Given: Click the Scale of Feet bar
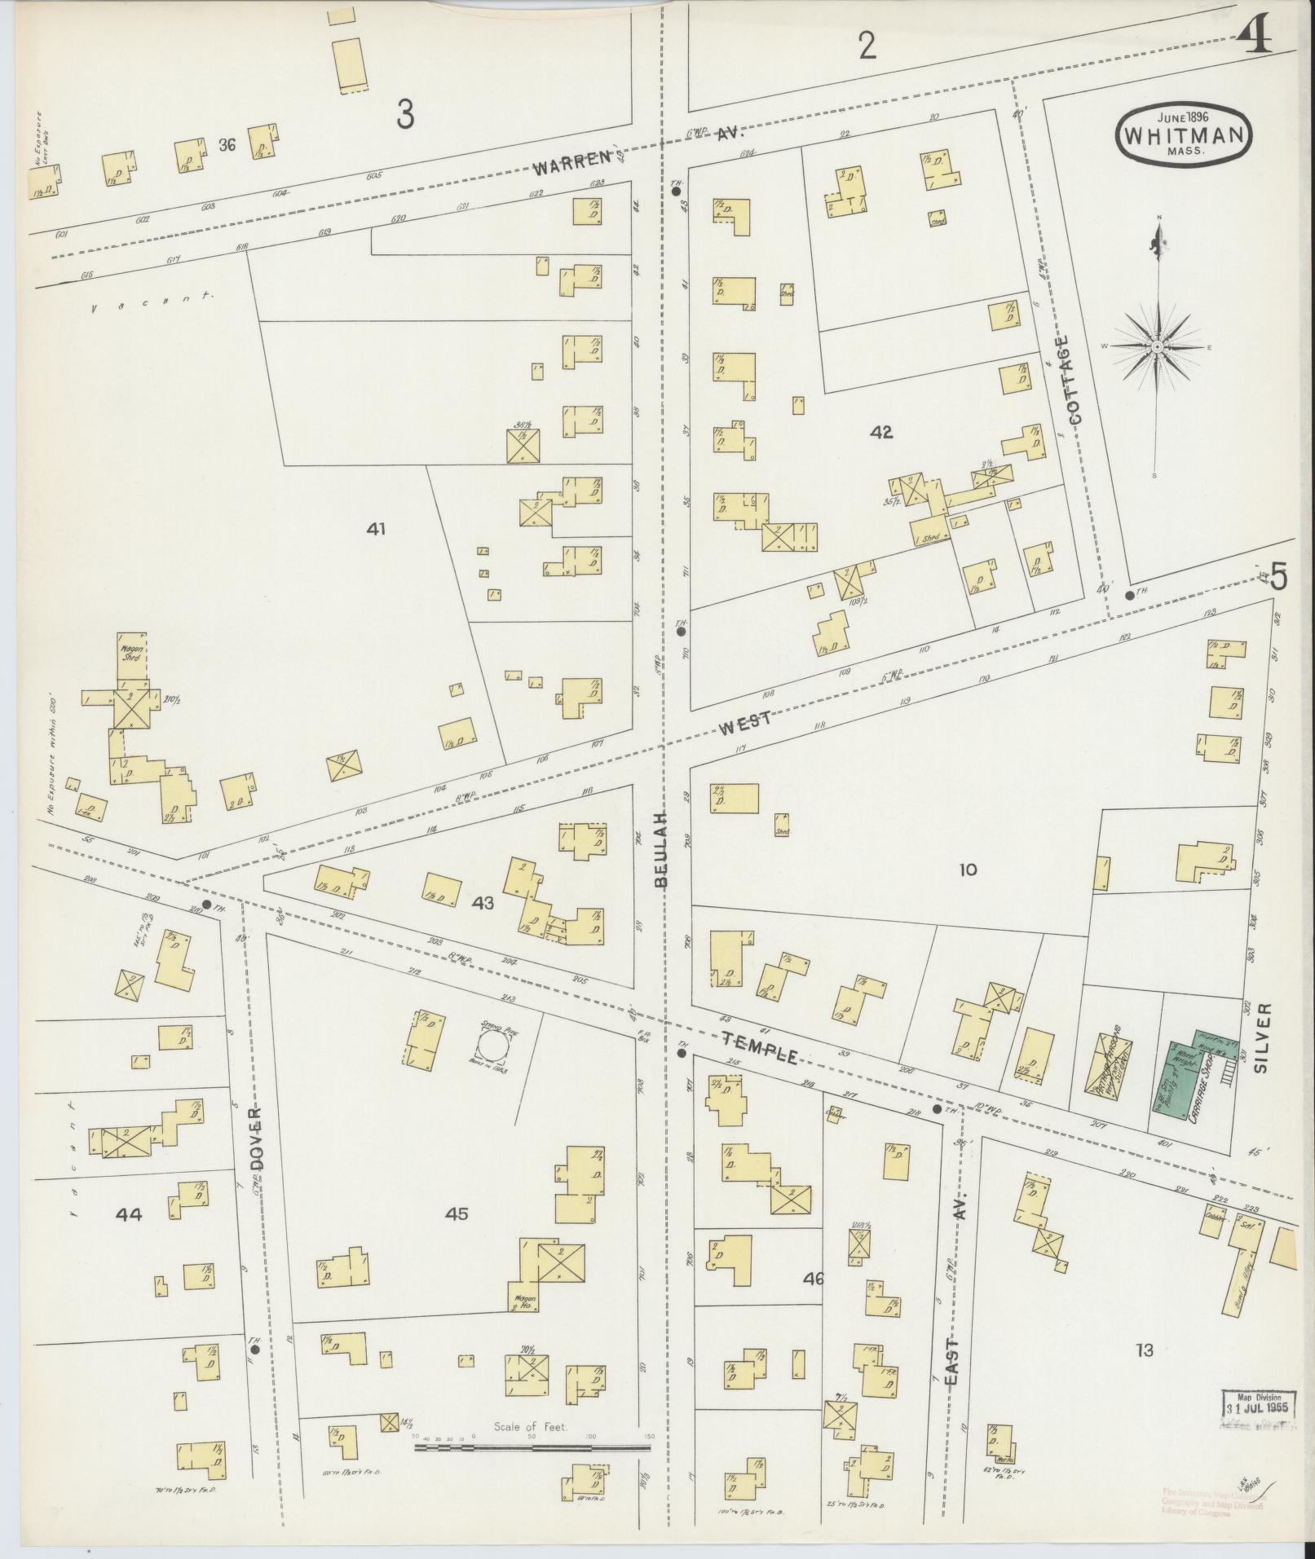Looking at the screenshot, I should pyautogui.click(x=532, y=1447).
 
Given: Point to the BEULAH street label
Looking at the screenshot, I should pyautogui.click(x=661, y=848).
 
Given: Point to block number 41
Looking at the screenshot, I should pyautogui.click(x=375, y=529).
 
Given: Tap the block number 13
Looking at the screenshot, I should pyautogui.click(x=1144, y=1350).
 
